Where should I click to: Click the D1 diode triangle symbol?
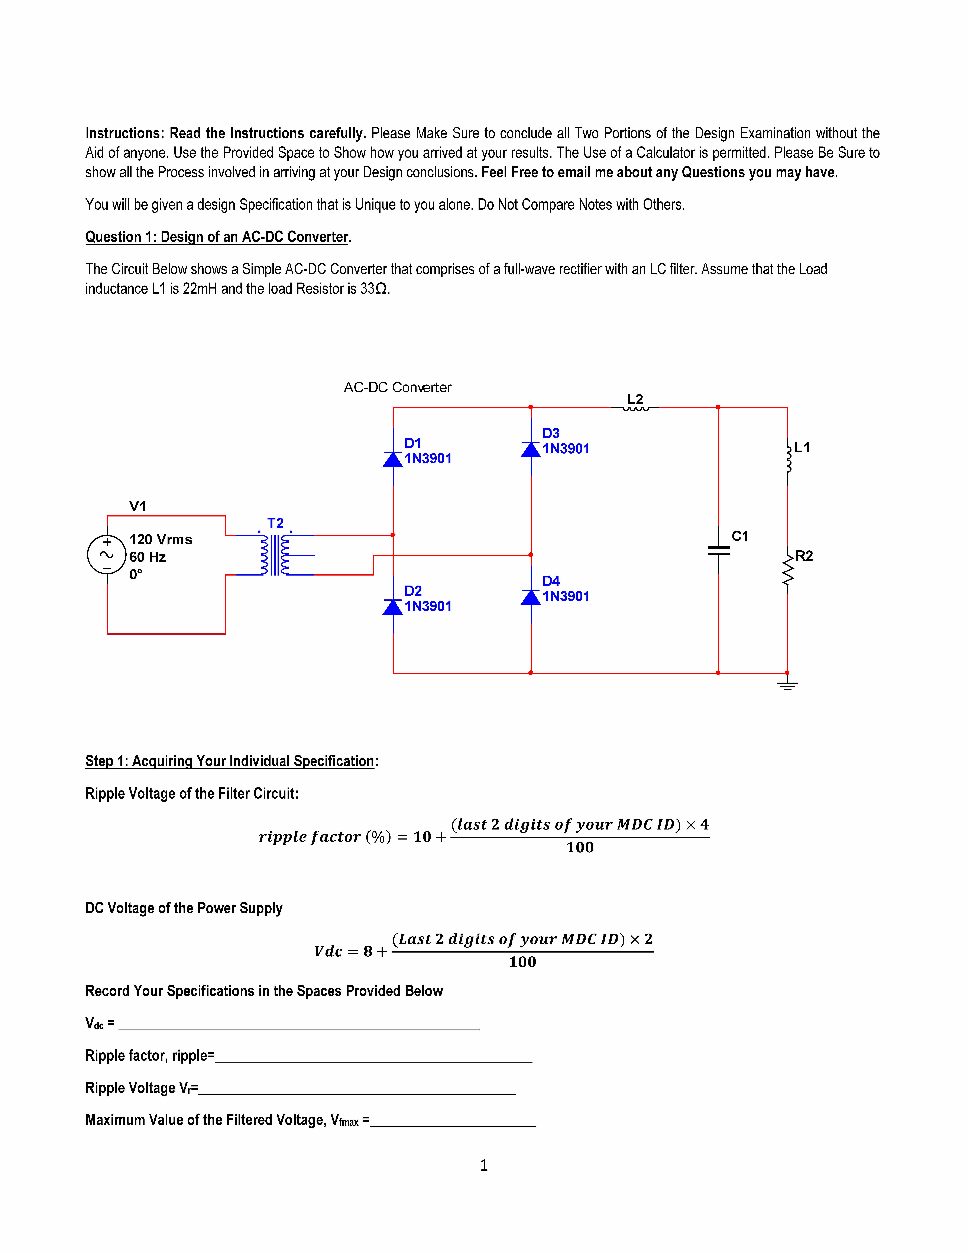393,460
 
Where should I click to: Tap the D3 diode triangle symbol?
531,450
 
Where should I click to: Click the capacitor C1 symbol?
719,551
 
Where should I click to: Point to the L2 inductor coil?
635,409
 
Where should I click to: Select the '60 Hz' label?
147,557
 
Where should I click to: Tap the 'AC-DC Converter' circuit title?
397,388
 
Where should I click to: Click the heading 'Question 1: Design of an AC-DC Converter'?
218,237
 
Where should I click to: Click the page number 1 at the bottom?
484,1165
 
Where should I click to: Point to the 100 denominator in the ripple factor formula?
580,847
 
